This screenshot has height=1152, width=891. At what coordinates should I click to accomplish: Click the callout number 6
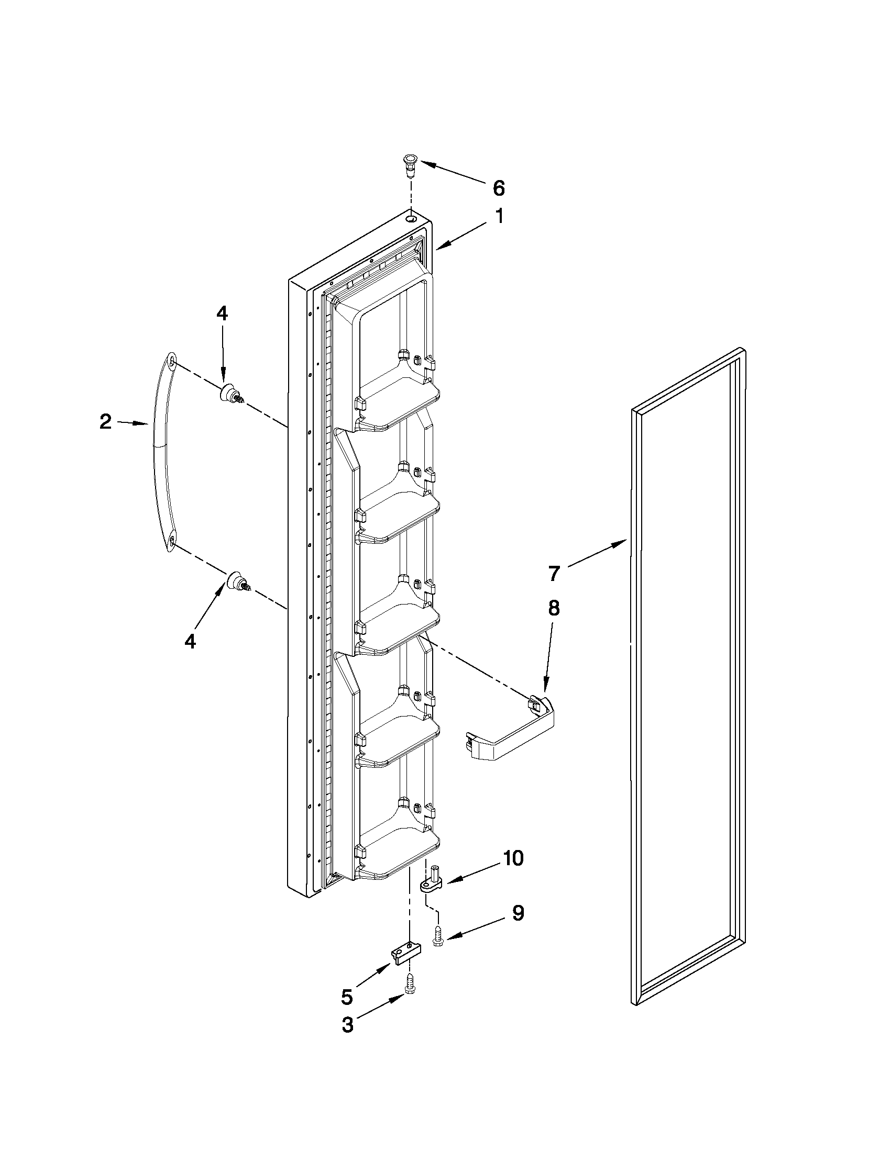pos(498,188)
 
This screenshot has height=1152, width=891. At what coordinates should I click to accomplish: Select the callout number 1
pos(498,216)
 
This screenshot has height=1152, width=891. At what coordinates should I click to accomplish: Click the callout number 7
pos(553,573)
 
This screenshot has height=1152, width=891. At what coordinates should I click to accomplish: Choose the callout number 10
pos(512,858)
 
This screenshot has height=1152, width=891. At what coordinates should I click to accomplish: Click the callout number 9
pos(518,913)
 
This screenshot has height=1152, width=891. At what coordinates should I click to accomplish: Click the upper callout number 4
pos(222,314)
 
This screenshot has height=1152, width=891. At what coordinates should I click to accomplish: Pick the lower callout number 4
pos(190,641)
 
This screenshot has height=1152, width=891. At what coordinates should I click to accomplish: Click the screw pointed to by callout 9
pos(437,935)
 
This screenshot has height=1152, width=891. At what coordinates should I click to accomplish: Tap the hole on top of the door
pos(411,217)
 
